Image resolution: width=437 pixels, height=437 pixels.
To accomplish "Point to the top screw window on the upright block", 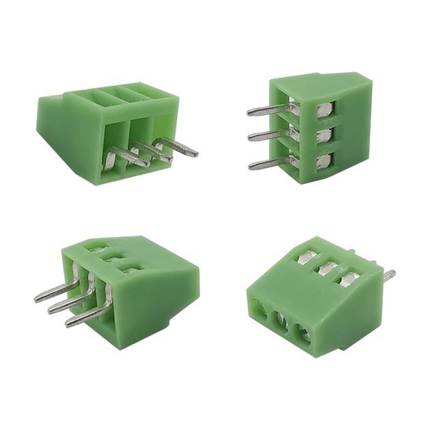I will pyautogui.click(x=324, y=108).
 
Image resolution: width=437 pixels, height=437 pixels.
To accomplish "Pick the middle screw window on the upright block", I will pyautogui.click(x=325, y=133).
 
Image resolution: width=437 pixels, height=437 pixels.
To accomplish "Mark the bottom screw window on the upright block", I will pyautogui.click(x=325, y=160).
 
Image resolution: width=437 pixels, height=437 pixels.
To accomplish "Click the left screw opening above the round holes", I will pyautogui.click(x=305, y=257).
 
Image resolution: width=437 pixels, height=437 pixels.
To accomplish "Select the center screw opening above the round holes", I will pyautogui.click(x=328, y=267).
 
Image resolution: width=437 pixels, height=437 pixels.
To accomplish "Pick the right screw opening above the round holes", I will pyautogui.click(x=350, y=277).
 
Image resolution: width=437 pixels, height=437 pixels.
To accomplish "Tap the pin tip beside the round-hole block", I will pyautogui.click(x=389, y=275).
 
